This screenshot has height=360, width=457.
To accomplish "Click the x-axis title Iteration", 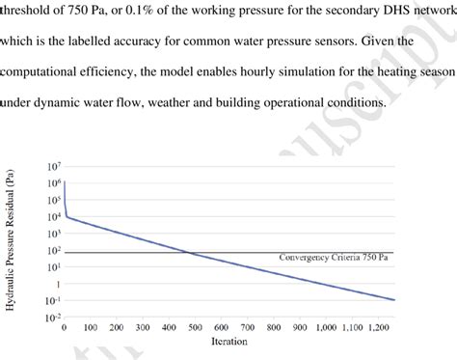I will [x=228, y=341].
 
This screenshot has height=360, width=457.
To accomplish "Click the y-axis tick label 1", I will [x=57, y=283].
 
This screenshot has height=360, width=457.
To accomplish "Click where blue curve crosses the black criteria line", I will [x=190, y=253].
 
